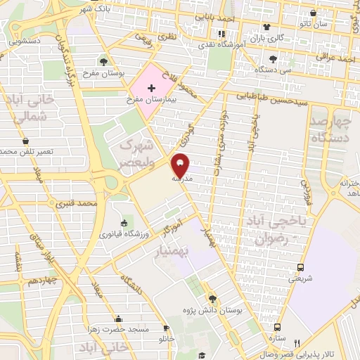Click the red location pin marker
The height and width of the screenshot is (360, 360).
[x=181, y=164]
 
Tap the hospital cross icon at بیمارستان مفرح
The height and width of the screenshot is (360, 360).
[x=151, y=86]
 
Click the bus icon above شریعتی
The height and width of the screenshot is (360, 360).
[x=301, y=267]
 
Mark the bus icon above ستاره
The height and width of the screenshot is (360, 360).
[x=278, y=327]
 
